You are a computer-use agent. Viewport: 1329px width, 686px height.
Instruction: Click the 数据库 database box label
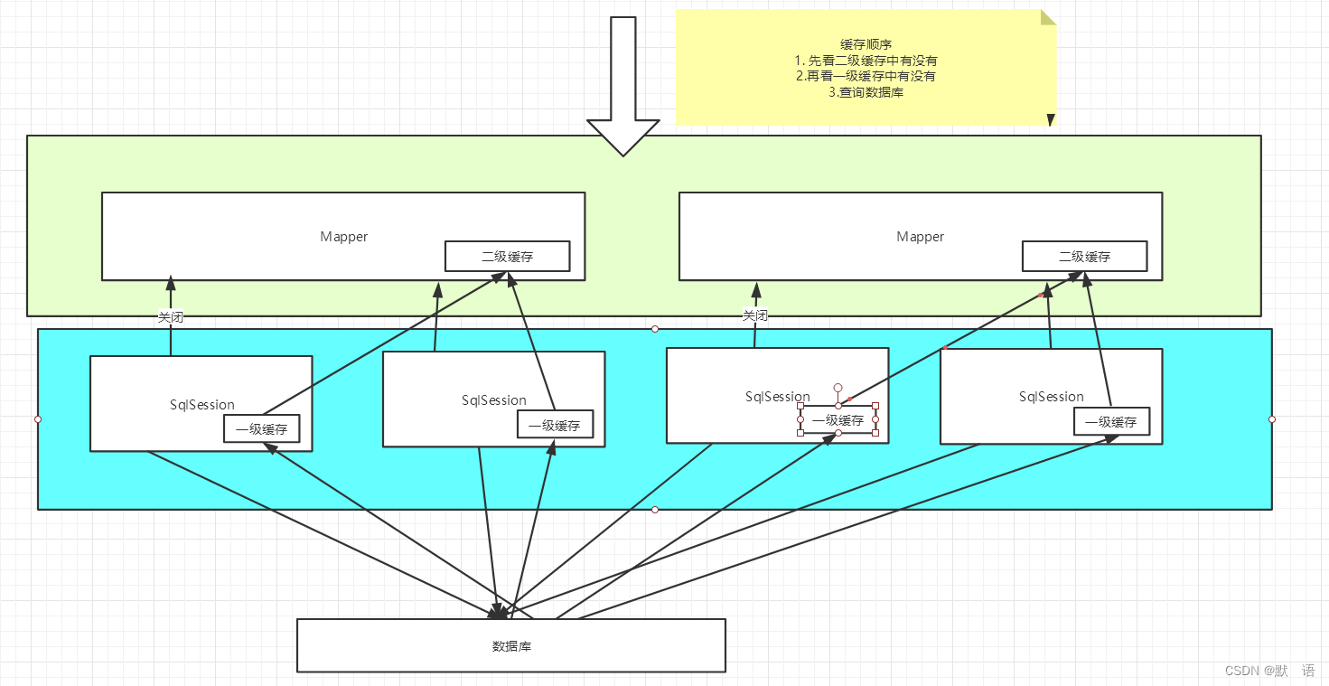point(511,646)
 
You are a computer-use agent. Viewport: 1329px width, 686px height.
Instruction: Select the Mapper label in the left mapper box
point(343,237)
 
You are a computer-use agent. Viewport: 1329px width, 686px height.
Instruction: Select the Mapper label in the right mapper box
point(921,237)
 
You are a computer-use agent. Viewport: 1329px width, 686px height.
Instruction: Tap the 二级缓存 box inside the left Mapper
point(507,257)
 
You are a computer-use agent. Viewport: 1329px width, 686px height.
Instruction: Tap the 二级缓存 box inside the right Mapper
point(1084,257)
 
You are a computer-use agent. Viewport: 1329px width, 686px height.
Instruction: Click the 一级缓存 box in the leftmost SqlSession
point(262,428)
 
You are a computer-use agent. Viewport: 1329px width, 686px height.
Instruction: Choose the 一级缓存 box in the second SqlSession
point(555,424)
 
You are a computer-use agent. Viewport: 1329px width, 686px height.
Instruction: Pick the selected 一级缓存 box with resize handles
point(838,419)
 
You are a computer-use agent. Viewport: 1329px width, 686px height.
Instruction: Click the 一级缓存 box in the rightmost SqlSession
point(1111,421)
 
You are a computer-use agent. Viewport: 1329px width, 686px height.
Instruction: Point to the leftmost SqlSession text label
point(202,405)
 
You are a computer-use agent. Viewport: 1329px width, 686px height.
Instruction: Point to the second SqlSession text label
point(494,400)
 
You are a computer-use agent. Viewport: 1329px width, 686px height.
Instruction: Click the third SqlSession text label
point(778,397)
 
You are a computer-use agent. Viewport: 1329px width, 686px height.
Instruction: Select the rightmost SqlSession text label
point(1052,397)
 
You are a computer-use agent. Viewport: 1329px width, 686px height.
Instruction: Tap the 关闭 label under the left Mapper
point(170,317)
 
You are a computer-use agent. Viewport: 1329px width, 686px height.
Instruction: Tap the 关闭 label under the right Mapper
point(755,315)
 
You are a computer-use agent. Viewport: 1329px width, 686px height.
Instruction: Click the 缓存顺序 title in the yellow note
point(866,44)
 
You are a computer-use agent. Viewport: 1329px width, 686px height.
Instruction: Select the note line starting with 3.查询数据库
point(866,92)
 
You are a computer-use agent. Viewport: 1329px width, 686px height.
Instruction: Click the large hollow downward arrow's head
point(623,137)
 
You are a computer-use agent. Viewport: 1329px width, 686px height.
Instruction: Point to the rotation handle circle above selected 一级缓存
point(838,388)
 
